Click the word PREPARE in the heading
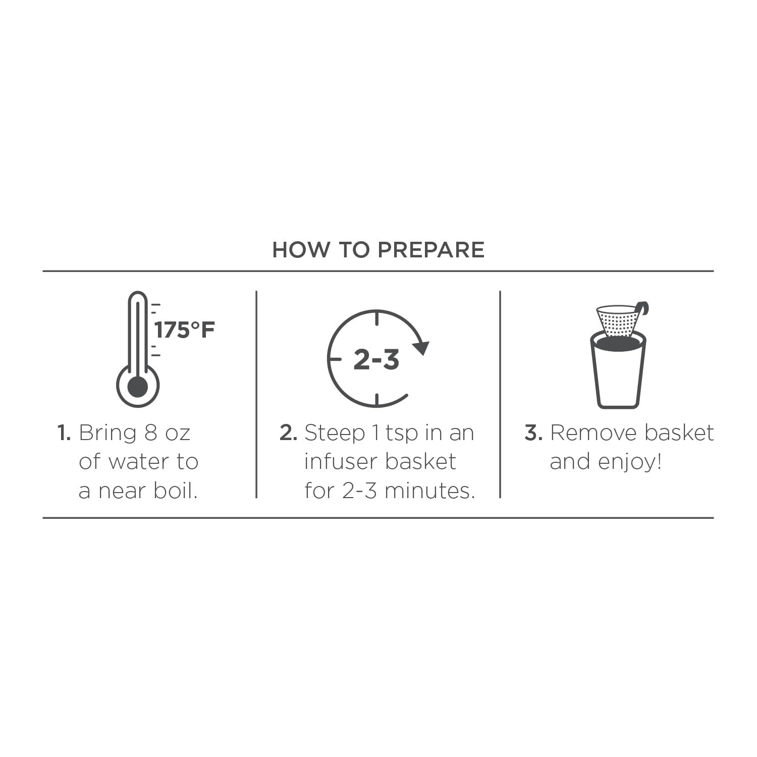[x=431, y=250]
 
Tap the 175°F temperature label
[x=185, y=330]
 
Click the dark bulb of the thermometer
[x=138, y=387]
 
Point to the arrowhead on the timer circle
[x=421, y=348]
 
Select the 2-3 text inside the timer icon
[x=376, y=360]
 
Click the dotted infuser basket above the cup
[x=618, y=320]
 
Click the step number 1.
[x=64, y=433]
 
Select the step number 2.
[x=289, y=433]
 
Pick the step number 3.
[x=533, y=433]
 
